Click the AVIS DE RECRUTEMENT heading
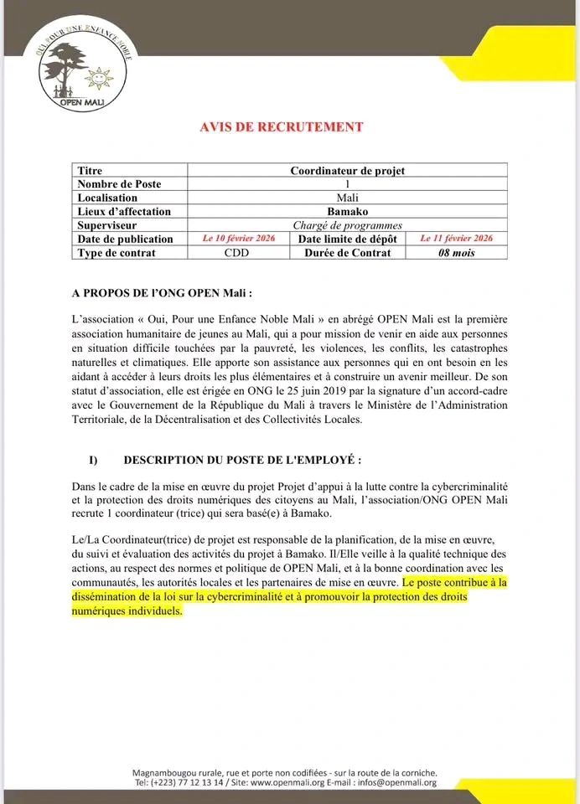[x=281, y=127]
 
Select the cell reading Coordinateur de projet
[x=347, y=171]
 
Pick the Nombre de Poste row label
[x=119, y=184]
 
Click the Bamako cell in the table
[x=347, y=212]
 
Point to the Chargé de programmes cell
[x=347, y=225]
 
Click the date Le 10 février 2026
[x=239, y=239]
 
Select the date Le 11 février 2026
[x=457, y=239]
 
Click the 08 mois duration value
[x=457, y=253]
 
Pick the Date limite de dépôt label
[x=350, y=240]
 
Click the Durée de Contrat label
[x=348, y=253]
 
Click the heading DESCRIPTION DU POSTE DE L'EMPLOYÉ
[x=242, y=460]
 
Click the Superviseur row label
[x=106, y=225]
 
